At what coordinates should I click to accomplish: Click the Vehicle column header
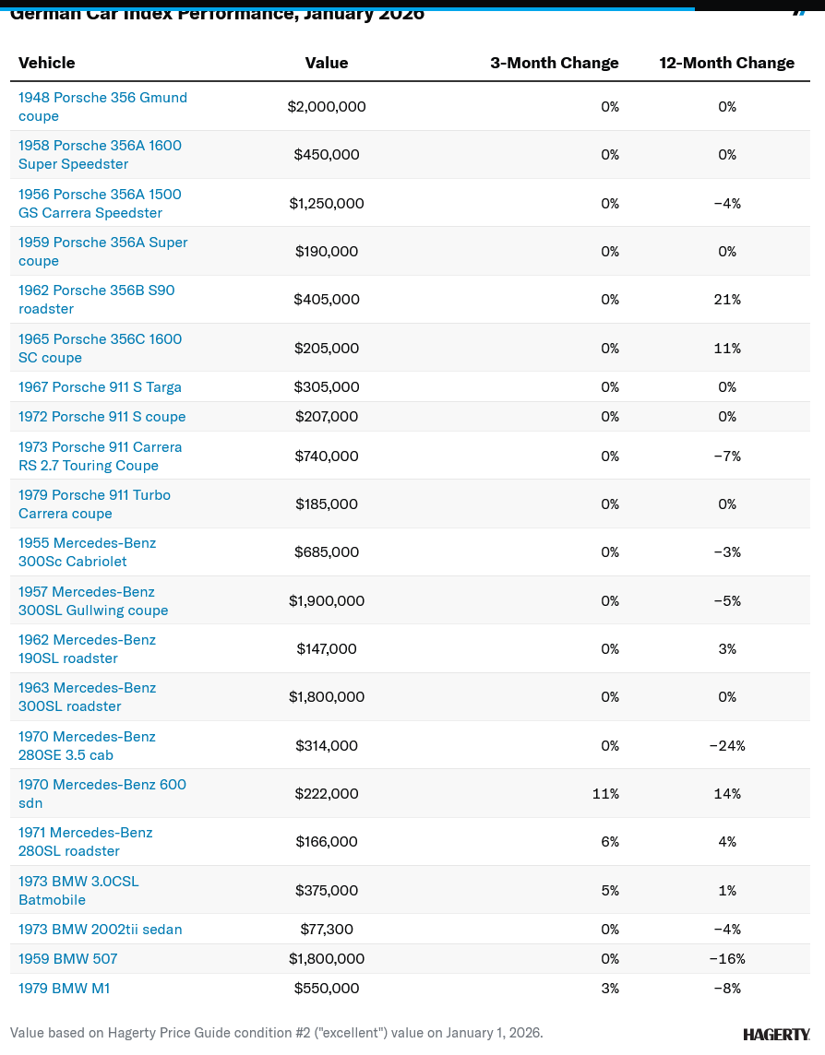click(x=47, y=63)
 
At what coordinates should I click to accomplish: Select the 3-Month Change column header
click(x=554, y=63)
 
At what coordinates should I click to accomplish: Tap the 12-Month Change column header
click(x=726, y=63)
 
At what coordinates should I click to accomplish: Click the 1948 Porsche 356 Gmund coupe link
click(x=102, y=107)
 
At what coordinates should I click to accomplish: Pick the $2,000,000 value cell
click(x=327, y=107)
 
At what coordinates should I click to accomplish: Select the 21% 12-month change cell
click(x=727, y=300)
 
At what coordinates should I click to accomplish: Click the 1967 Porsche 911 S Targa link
click(x=100, y=387)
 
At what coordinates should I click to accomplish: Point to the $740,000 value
click(x=327, y=456)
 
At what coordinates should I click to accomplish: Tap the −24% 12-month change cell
click(x=727, y=745)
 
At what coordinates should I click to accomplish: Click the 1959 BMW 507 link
click(x=67, y=959)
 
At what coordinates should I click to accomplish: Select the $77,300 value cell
click(x=327, y=930)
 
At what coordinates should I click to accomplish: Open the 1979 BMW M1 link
click(x=65, y=989)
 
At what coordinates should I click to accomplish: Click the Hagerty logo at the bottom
click(x=776, y=1034)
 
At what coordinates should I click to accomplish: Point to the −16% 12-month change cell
click(x=727, y=959)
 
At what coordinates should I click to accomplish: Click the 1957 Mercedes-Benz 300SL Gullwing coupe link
click(x=93, y=601)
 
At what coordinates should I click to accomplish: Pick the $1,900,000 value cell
click(x=327, y=601)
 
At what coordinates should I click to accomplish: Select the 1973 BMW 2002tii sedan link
click(x=100, y=930)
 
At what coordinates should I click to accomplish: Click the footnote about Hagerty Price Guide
click(x=277, y=1033)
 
